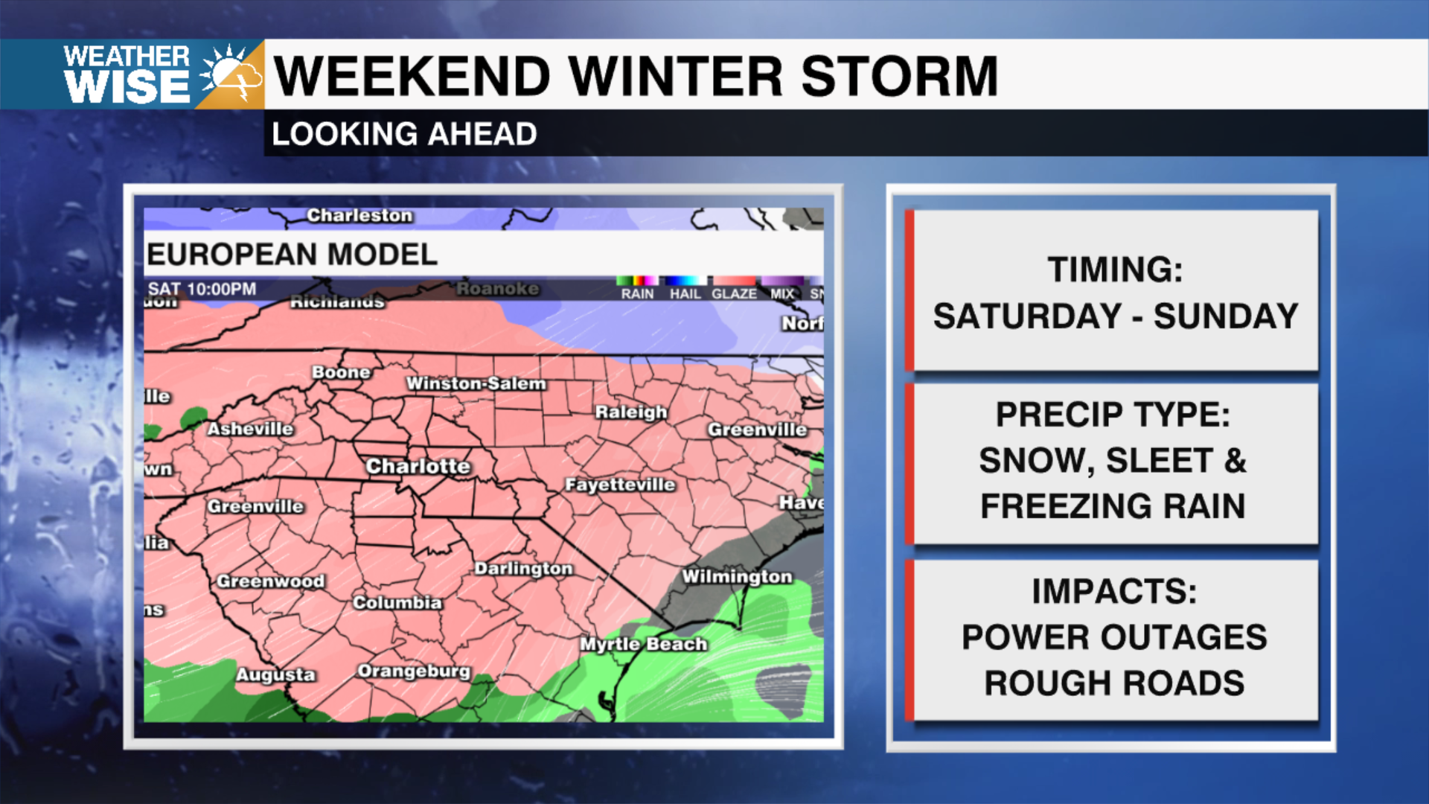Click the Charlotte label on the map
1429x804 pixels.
[x=418, y=467]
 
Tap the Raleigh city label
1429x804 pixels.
[x=631, y=412]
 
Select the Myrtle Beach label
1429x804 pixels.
[x=643, y=644]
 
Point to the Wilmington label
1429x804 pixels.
[x=737, y=577]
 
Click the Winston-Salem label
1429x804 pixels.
[x=476, y=383]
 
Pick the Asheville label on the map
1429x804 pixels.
[x=250, y=429]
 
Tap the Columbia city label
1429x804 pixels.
[x=397, y=602]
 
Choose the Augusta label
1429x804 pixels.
[x=275, y=674]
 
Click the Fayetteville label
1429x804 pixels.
[x=620, y=485]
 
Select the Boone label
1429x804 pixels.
[x=341, y=372]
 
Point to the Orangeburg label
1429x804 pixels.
[x=414, y=671]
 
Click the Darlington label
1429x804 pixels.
[x=524, y=569]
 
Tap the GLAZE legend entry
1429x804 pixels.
[x=734, y=293]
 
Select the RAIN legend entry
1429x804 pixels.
[x=637, y=293]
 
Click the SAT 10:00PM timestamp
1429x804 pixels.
[x=202, y=289]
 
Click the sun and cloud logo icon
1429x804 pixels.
[x=231, y=74]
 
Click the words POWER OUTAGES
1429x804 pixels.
[x=1114, y=637]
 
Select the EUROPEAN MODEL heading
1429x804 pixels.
[x=292, y=255]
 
